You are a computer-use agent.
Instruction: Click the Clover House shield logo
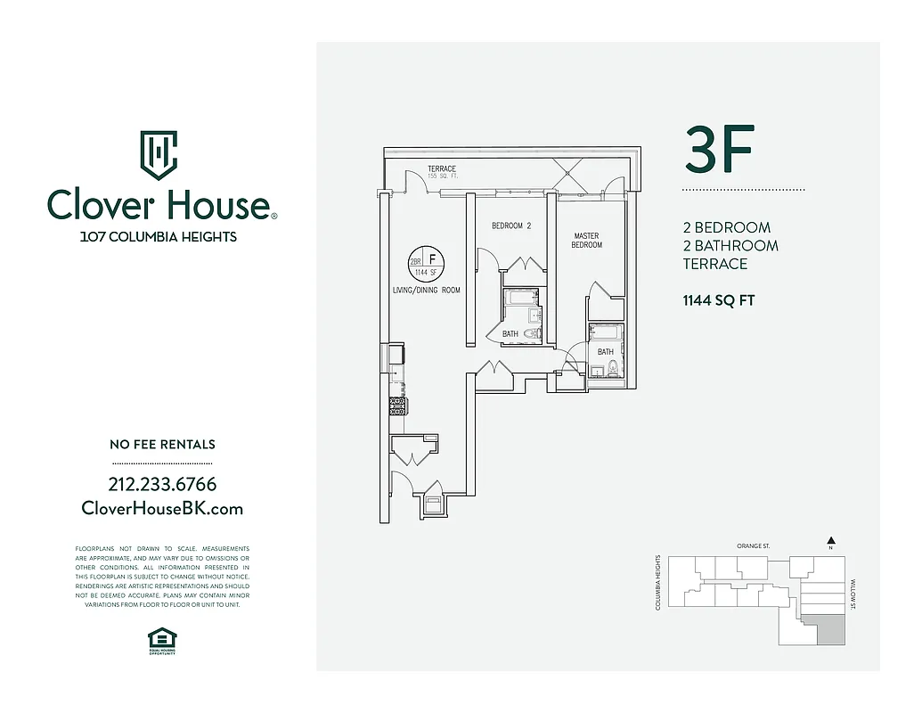[x=159, y=155]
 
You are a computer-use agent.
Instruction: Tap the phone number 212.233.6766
[x=161, y=485]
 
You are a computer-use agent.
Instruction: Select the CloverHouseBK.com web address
[x=161, y=509]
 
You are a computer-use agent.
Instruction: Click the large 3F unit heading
[x=720, y=151]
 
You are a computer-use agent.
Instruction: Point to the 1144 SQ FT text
[x=718, y=300]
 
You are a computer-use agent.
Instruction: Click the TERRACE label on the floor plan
[x=441, y=169]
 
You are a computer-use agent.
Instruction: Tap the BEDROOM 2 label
[x=510, y=226]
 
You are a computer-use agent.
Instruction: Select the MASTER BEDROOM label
[x=587, y=241]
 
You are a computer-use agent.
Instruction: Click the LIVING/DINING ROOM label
[x=426, y=291]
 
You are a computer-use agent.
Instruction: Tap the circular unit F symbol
[x=426, y=262]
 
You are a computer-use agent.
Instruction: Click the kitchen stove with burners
[x=397, y=406]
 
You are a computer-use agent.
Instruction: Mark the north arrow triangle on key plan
[x=830, y=539]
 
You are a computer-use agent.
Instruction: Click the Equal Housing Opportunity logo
[x=161, y=640]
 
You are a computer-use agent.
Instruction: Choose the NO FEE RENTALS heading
[x=161, y=445]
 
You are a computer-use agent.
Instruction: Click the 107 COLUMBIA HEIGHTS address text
[x=159, y=237]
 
